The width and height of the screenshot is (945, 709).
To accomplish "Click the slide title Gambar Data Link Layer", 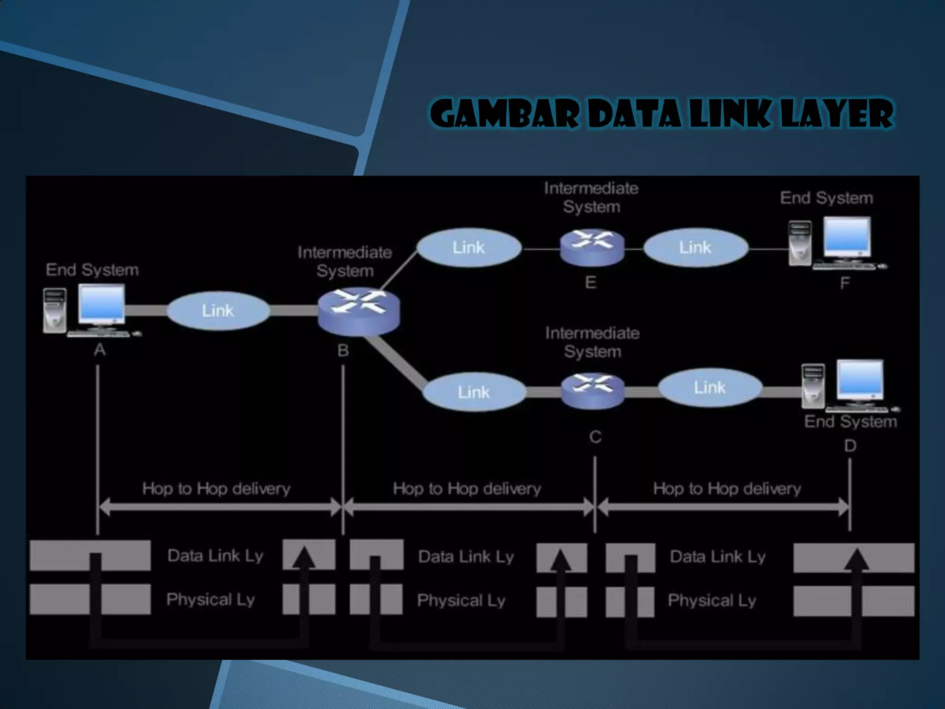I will [x=661, y=114].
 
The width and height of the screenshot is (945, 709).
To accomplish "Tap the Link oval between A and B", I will [x=218, y=311].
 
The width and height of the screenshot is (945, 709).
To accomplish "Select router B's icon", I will [x=359, y=310].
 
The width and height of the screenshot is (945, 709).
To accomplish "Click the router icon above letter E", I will [x=592, y=247].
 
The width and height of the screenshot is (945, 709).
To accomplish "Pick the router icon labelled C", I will [x=593, y=391].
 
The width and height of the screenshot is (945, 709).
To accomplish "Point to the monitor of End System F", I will [x=847, y=238].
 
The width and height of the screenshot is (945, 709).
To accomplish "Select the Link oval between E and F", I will [x=695, y=248].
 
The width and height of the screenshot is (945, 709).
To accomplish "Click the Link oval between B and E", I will [x=469, y=248].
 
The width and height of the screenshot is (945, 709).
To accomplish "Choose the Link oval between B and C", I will [x=474, y=392].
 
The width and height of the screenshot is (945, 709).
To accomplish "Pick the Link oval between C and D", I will [x=710, y=388].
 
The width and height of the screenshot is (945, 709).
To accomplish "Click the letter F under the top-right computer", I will [x=844, y=282].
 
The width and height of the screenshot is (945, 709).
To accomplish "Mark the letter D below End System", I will [x=850, y=446].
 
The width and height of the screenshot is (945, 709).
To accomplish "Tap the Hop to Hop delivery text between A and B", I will [x=216, y=489].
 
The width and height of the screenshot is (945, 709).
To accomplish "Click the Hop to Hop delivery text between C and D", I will [x=727, y=489].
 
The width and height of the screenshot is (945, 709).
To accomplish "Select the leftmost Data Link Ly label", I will [x=215, y=556].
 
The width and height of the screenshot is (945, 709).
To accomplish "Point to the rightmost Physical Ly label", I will [x=712, y=601].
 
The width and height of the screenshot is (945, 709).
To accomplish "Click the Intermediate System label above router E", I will [x=591, y=198].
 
